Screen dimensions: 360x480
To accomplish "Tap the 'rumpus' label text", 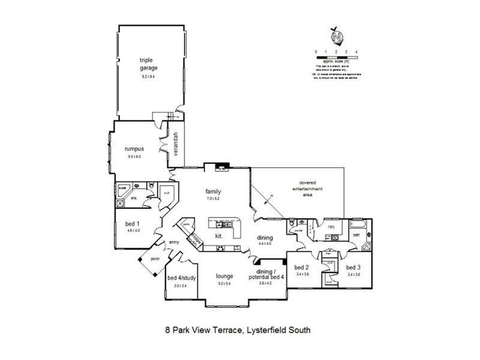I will (133, 148).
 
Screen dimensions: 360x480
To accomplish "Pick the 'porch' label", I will (155, 259).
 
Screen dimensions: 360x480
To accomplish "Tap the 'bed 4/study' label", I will (181, 278).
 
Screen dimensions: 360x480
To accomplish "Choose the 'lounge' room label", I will (225, 277).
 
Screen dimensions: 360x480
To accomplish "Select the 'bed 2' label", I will (301, 267).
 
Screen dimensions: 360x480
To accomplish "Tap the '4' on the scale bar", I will (356, 52).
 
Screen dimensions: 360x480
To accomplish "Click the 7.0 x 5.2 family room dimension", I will (214, 198).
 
